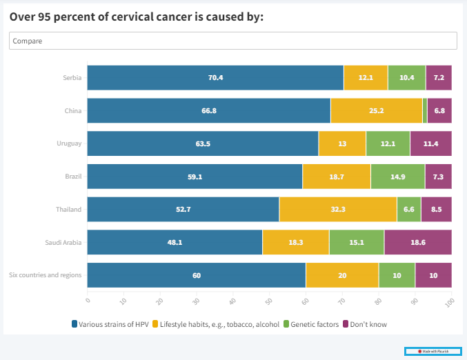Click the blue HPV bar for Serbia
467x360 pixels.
215,77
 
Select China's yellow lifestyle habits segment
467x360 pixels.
376,110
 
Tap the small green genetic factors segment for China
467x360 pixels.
425,110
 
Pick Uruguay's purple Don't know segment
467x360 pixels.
430,143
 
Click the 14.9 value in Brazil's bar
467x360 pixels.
397,177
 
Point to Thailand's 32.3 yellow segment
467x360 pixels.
338,209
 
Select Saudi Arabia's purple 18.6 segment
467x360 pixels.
417,242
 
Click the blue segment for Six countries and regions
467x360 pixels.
196,275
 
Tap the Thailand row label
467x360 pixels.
69,209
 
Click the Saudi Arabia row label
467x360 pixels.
63,242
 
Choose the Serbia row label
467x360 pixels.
72,77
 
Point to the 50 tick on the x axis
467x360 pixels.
268,301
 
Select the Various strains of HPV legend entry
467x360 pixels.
110,323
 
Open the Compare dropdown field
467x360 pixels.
233,41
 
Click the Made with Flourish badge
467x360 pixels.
433,351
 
